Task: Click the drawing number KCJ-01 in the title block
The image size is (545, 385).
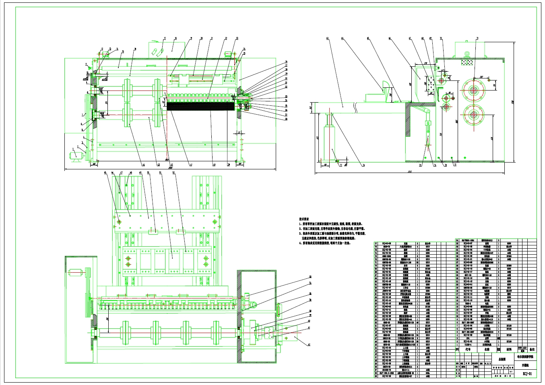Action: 527,374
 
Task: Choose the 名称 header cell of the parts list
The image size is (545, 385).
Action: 487,350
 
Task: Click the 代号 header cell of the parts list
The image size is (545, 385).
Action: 467,350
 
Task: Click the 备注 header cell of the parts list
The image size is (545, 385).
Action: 532,350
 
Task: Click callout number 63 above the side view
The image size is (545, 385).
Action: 327,38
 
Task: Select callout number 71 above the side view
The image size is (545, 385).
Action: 477,38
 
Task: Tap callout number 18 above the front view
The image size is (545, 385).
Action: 175,38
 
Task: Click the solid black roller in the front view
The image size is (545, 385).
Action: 200,106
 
